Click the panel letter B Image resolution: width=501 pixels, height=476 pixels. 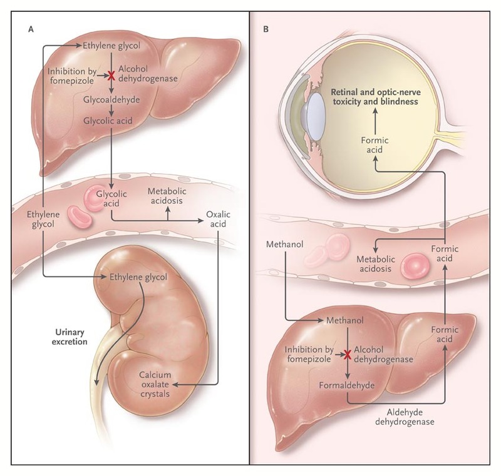(267, 29)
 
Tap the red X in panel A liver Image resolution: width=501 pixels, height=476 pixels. (111, 76)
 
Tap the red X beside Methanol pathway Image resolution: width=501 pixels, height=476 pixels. (345, 355)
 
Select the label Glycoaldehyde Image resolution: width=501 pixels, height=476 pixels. (111, 99)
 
